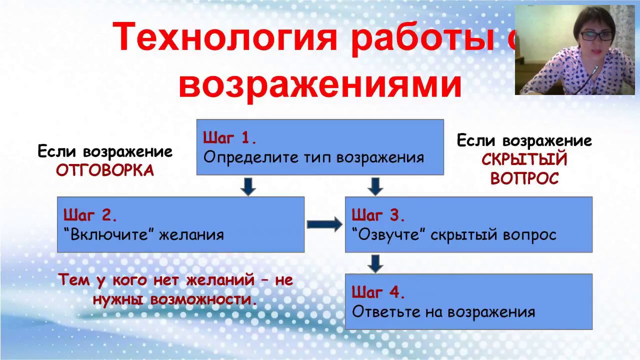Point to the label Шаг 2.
coord(90,215)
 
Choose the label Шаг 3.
coord(378,215)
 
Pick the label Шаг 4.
coord(378,292)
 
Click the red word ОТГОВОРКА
coord(105,171)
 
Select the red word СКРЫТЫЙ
coord(524,160)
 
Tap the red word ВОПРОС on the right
coord(524,179)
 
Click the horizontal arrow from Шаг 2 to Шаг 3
coord(324,224)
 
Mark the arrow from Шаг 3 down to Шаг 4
coord(375,263)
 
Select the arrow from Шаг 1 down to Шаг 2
coord(248,185)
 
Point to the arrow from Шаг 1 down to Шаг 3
coord(375,185)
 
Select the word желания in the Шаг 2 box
coord(191,234)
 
